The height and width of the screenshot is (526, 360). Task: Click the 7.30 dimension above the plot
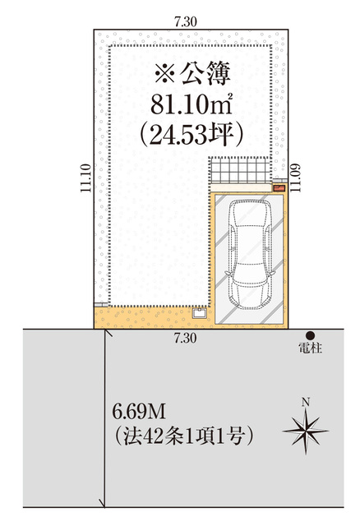(185, 22)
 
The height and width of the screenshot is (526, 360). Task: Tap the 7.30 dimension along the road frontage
(185, 338)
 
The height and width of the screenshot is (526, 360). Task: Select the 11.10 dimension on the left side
(85, 178)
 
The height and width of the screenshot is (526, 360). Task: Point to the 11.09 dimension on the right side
(295, 178)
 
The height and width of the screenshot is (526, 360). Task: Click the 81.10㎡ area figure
(192, 104)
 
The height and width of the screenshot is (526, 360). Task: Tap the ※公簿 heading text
(192, 73)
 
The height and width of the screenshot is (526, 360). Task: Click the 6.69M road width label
(139, 412)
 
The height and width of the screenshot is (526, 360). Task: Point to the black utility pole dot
(310, 335)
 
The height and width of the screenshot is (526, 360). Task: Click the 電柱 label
(311, 348)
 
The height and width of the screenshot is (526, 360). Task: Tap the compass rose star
(306, 431)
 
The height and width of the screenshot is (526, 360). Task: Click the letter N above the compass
(305, 402)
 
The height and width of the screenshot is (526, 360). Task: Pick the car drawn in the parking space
(250, 254)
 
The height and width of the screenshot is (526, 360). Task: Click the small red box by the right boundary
(279, 188)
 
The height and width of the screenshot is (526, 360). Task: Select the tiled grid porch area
(240, 170)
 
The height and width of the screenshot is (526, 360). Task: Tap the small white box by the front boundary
(199, 313)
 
